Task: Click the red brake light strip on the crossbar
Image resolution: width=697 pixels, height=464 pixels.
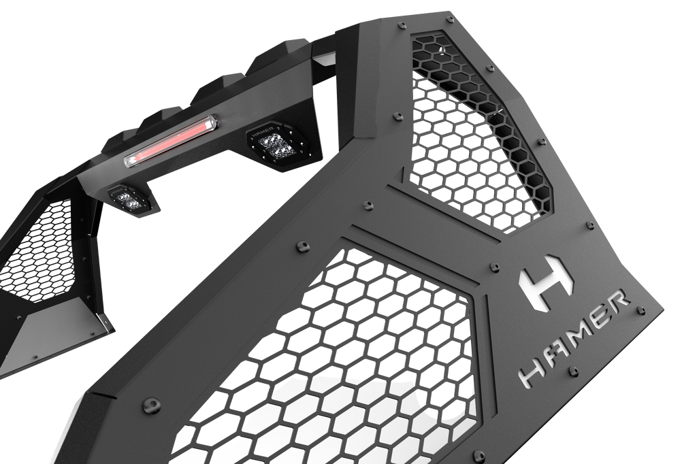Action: click(x=171, y=141)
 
